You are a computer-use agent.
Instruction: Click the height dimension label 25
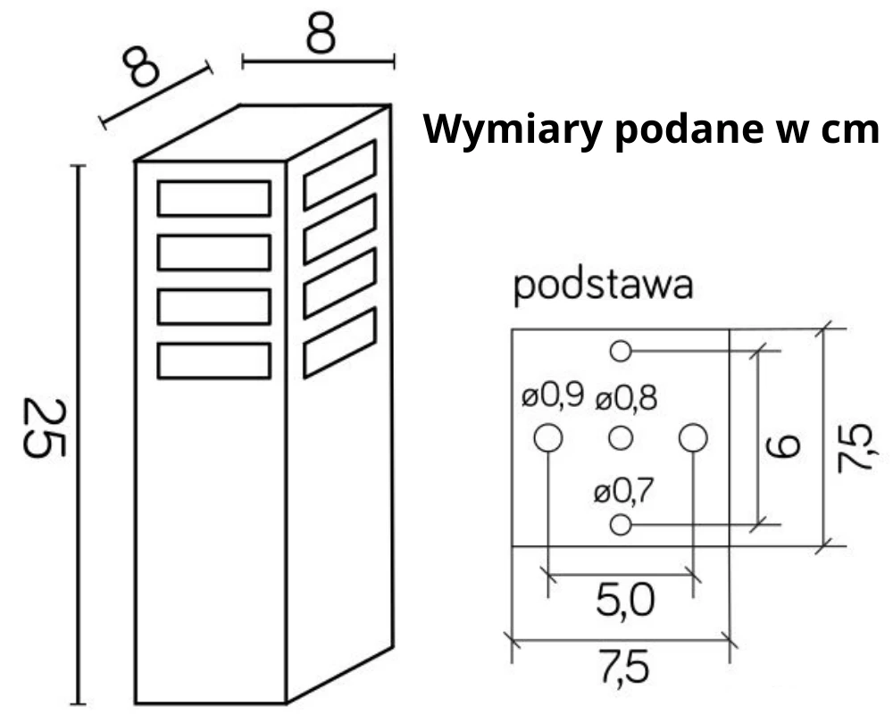point(44,428)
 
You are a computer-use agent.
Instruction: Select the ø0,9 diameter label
point(553,396)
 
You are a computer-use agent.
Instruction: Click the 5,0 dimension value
point(624,602)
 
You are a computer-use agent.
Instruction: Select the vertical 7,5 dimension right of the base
point(857,446)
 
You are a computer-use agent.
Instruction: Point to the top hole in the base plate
point(621,352)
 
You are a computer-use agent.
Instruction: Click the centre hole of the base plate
point(621,438)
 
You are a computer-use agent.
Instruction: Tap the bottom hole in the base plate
point(621,524)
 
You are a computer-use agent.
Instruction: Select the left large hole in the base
point(548,438)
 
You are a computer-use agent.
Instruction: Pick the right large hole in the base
point(693,438)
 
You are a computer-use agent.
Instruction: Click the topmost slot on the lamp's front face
point(214,198)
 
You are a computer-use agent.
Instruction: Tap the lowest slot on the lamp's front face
point(214,361)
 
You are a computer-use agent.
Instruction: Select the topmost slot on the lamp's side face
point(339,175)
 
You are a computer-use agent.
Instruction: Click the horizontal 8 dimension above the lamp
point(321,34)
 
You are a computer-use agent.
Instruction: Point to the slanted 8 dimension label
point(141,67)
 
